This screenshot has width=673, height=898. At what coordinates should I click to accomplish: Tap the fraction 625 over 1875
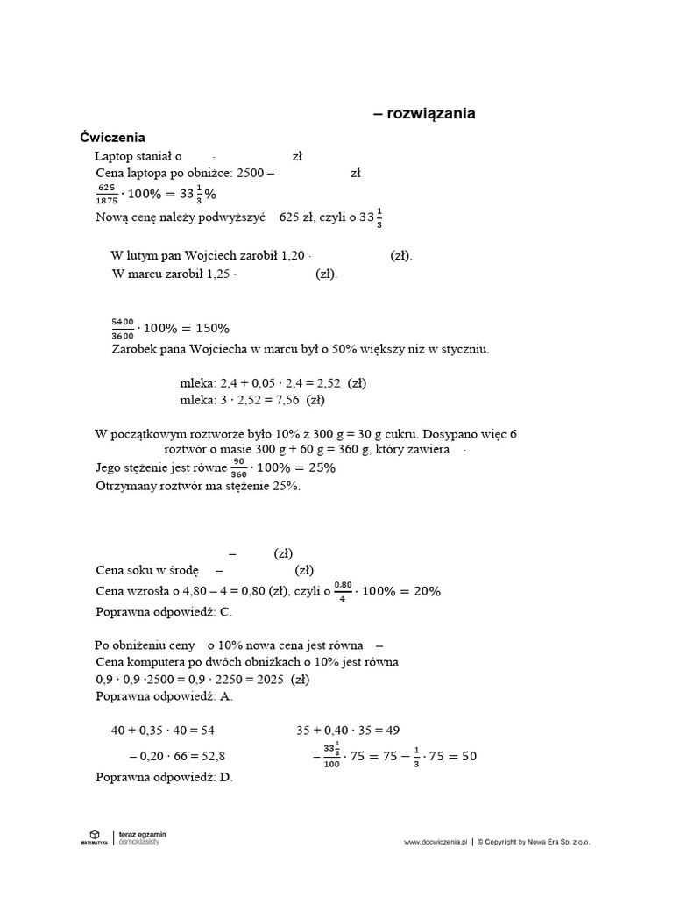(107, 194)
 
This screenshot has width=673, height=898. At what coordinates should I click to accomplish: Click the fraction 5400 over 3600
(123, 328)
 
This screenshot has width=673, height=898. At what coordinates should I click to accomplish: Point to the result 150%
(209, 328)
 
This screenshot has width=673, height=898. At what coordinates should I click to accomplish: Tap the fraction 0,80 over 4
(343, 591)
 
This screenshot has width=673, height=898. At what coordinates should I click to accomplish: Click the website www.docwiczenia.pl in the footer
(436, 842)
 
